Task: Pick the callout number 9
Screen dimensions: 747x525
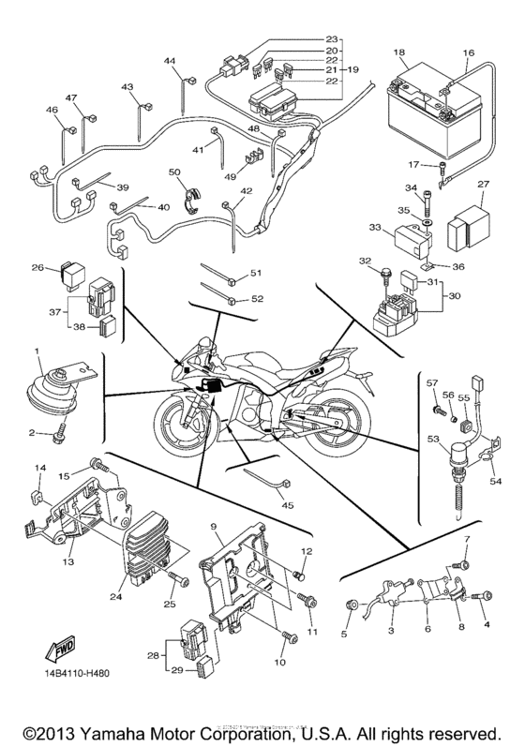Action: pyautogui.click(x=215, y=526)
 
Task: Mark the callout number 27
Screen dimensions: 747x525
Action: pyautogui.click(x=484, y=185)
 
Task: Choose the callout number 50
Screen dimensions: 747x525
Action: pyautogui.click(x=173, y=172)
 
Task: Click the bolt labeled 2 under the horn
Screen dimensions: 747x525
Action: pyautogui.click(x=56, y=433)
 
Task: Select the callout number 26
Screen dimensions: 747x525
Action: pyautogui.click(x=37, y=267)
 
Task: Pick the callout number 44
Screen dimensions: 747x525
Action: pyautogui.click(x=170, y=61)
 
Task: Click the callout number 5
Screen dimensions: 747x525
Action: pyautogui.click(x=344, y=635)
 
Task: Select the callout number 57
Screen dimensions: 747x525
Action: pyautogui.click(x=433, y=384)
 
